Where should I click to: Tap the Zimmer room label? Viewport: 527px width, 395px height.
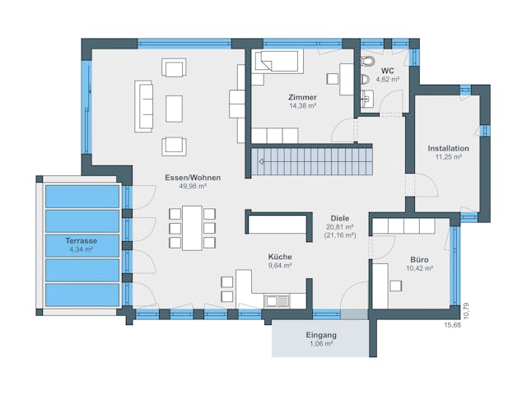[x=280, y=97]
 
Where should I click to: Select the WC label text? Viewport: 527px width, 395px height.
[x=386, y=71]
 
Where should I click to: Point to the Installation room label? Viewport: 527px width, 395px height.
[x=448, y=148]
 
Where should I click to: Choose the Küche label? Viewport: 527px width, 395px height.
[x=279, y=257]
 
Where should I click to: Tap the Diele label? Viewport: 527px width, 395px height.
[x=340, y=217]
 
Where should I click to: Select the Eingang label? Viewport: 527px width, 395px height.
[x=320, y=335]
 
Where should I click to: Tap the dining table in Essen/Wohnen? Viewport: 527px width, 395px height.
[x=192, y=227]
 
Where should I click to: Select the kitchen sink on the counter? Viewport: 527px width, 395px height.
[x=273, y=300]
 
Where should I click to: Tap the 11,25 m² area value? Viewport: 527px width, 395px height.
[x=448, y=156]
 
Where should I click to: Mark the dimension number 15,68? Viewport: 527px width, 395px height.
[x=453, y=324]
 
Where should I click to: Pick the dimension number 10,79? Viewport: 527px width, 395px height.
[x=465, y=309]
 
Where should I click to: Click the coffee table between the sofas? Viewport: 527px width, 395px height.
[x=174, y=108]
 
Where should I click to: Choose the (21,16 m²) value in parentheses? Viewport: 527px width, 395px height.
[x=340, y=235]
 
